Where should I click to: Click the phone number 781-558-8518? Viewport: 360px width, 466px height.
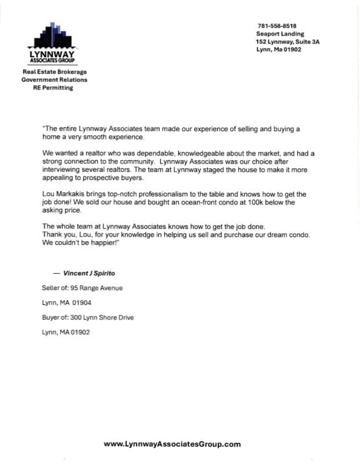point(276,26)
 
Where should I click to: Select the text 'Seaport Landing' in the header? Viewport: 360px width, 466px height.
point(280,34)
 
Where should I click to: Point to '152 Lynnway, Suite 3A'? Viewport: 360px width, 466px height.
point(288,42)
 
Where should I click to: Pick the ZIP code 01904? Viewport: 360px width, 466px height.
point(80,303)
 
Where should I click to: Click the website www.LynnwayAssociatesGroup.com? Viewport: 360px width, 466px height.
point(172,444)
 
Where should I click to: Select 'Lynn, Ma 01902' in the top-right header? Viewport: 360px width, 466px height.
point(279,50)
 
